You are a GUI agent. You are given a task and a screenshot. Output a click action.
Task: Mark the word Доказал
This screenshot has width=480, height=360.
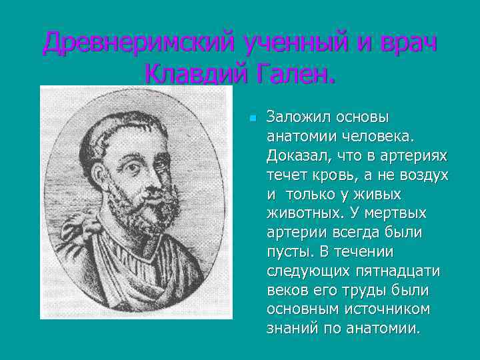292,155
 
